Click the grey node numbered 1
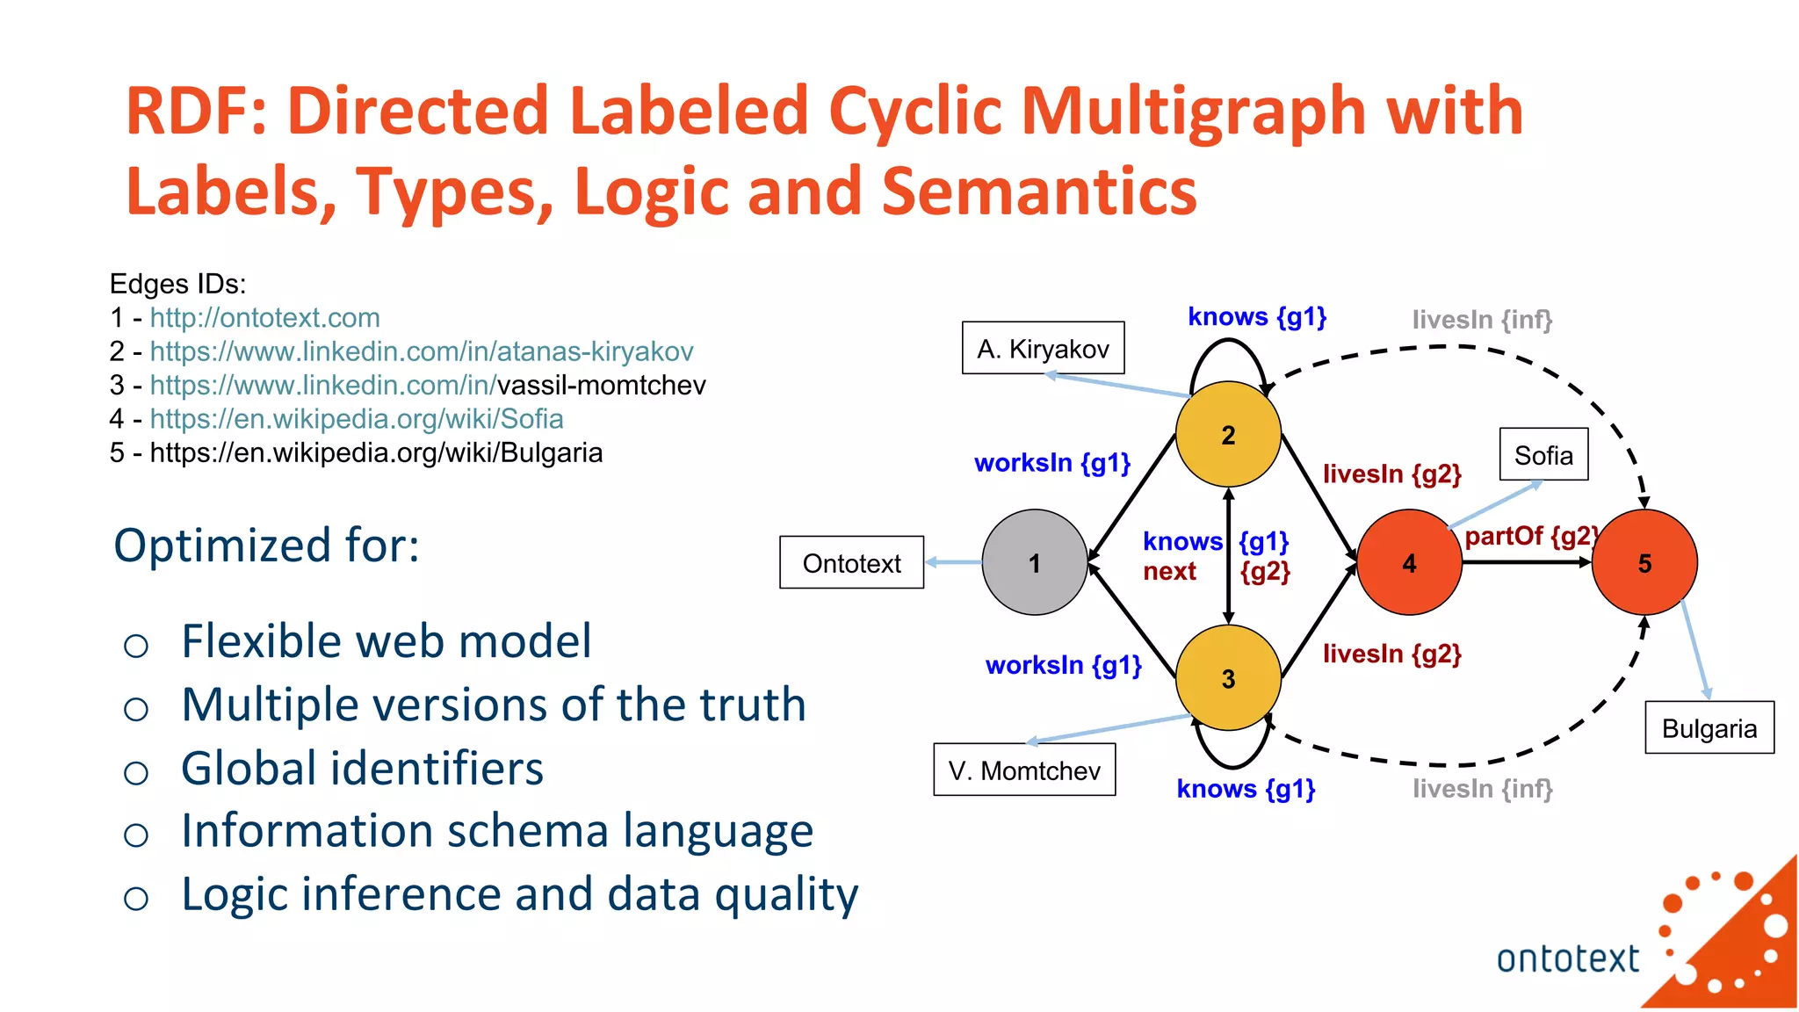click(1034, 562)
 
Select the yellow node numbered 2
click(1228, 434)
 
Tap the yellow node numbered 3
click(1228, 677)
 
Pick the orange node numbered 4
click(1409, 562)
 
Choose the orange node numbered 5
click(1644, 562)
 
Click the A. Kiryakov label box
click(1043, 348)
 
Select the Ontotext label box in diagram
click(851, 562)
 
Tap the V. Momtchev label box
click(1024, 770)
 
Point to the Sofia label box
click(1543, 454)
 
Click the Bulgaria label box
click(1709, 727)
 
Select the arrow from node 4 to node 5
click(1527, 562)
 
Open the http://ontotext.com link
click(264, 317)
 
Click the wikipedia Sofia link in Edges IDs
click(356, 418)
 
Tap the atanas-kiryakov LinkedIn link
click(421, 351)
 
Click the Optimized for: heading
click(266, 545)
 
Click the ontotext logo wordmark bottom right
click(1567, 958)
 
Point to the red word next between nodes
click(1168, 571)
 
